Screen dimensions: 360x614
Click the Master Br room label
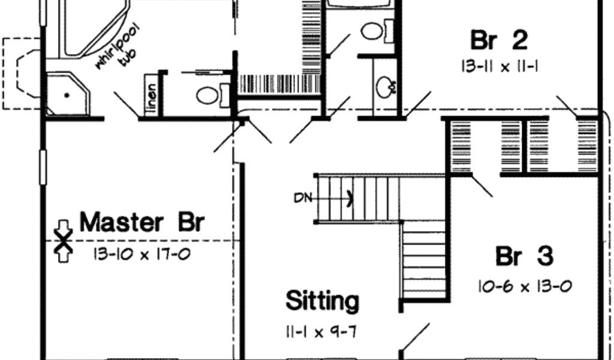(142, 222)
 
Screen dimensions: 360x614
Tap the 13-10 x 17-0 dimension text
(142, 254)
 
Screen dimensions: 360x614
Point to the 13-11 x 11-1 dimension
(499, 65)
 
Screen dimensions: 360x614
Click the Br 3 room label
(523, 257)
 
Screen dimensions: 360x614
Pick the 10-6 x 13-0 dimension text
(525, 286)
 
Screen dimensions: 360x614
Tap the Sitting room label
(322, 301)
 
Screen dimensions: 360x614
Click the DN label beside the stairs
(303, 197)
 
